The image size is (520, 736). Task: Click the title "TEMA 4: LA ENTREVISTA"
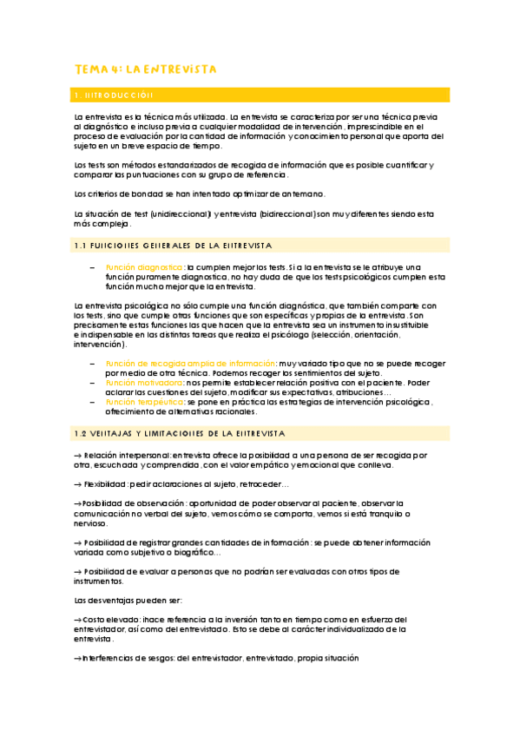145,69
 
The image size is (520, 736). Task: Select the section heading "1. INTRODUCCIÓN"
115,95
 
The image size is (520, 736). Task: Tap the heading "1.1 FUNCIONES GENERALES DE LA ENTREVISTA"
173,246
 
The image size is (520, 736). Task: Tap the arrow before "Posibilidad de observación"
77,504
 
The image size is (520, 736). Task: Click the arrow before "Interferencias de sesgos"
77,659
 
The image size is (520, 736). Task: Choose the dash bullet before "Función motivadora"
92,382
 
